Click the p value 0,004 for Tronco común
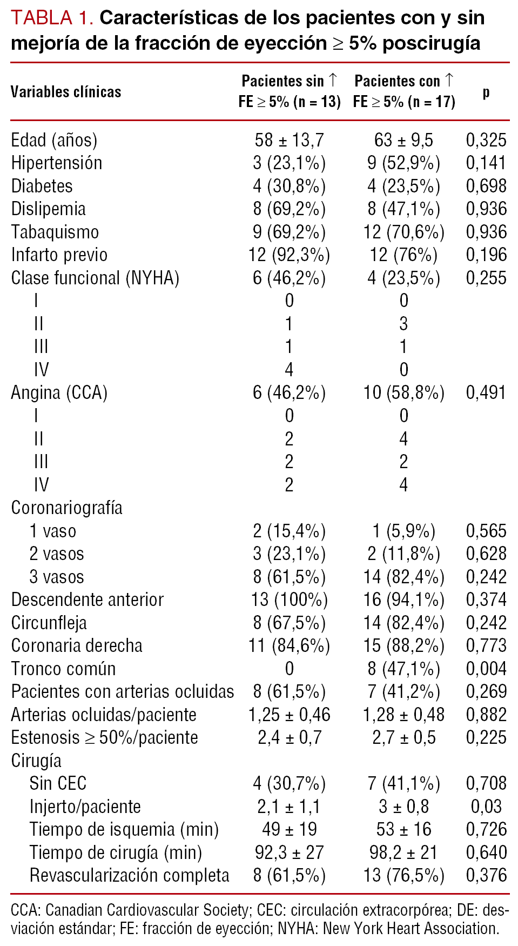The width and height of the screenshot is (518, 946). pos(486,669)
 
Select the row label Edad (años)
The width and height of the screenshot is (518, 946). pos(54,141)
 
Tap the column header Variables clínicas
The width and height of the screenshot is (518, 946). pos(66,92)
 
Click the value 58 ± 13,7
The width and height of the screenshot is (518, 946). pos(289,141)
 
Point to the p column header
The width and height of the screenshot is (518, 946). pos(486,92)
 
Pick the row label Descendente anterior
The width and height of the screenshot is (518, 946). pos(87,600)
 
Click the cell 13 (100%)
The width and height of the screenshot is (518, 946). pos(289,600)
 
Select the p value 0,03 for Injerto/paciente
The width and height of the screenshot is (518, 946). pos(486,807)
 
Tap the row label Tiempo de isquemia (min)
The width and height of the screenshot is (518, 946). pos(124,830)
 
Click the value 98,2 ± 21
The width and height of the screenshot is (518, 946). pos(403,852)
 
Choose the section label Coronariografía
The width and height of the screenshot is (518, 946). pos(66,508)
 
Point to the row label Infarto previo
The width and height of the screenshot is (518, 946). pos(59,255)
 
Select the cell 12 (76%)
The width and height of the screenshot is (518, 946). pos(403,255)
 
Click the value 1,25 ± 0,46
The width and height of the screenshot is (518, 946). pos(289,715)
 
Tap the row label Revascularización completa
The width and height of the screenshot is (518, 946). pos(129,876)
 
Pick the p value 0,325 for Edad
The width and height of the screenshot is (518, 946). pos(486,141)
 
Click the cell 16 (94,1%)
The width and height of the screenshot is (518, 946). pos(403,600)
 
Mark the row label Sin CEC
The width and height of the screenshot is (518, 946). pos(58,784)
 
